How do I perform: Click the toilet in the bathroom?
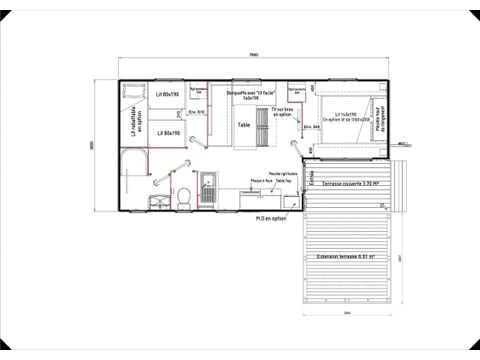pyautogui.click(x=186, y=193)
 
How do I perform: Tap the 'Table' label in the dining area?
pyautogui.click(x=243, y=125)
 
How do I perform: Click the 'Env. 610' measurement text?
pyautogui.click(x=200, y=112)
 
